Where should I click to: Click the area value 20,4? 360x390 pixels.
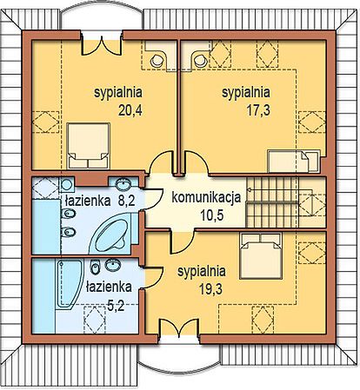click(x=130, y=110)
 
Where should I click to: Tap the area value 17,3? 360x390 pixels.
click(x=258, y=110)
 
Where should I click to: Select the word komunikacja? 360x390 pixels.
click(x=206, y=197)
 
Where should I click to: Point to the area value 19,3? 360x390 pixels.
click(x=210, y=289)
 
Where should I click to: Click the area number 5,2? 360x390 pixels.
click(x=116, y=306)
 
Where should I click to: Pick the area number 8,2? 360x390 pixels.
click(x=126, y=201)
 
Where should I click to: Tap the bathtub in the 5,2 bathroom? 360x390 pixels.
click(x=69, y=283)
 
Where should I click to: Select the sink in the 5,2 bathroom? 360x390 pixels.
click(x=113, y=265)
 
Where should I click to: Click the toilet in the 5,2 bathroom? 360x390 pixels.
click(x=95, y=267)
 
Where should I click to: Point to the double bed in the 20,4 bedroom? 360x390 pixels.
click(x=88, y=146)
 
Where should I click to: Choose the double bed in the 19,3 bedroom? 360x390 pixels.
click(x=261, y=255)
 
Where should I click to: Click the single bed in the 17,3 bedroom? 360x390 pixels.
click(x=294, y=162)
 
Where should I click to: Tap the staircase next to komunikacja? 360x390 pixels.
click(x=272, y=202)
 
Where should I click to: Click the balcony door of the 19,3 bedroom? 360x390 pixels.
click(x=179, y=327)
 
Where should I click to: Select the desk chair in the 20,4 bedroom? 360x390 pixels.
click(x=157, y=60)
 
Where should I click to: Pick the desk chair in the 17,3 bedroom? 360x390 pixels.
click(x=199, y=60)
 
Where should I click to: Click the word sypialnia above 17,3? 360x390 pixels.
click(x=246, y=93)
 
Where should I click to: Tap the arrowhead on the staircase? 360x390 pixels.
click(x=249, y=189)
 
